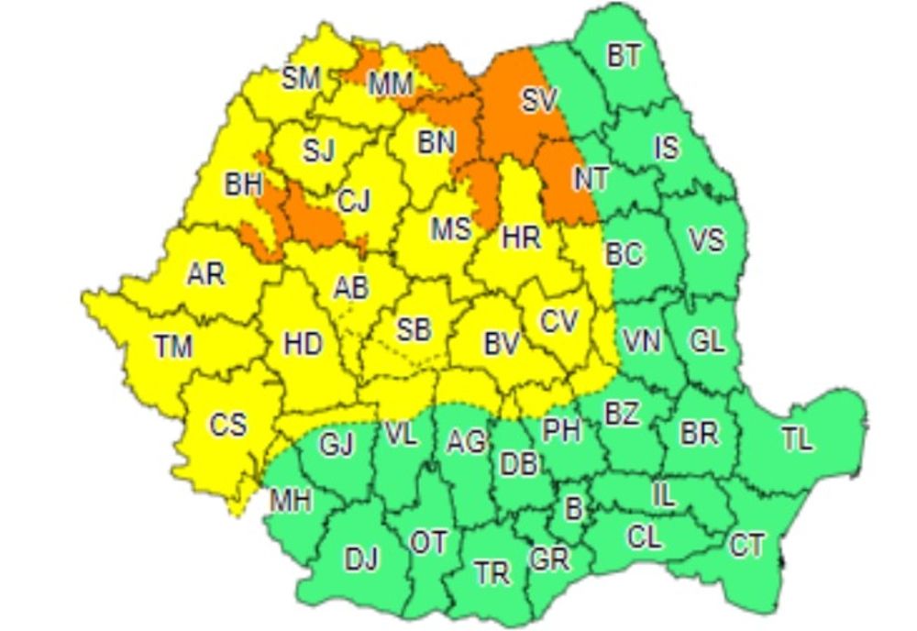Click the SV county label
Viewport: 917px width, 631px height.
click(539, 101)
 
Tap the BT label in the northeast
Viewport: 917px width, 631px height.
click(624, 56)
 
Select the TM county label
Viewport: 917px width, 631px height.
click(173, 346)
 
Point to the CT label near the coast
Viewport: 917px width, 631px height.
click(746, 546)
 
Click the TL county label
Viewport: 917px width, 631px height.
click(797, 439)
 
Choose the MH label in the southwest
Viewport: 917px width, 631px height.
click(290, 501)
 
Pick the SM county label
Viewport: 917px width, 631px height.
click(300, 79)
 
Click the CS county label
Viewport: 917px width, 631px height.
click(227, 425)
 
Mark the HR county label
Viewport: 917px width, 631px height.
click(521, 238)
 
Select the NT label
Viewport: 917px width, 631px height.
click(591, 179)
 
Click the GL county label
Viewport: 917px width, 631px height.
click(706, 341)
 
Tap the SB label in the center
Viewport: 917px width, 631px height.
click(414, 329)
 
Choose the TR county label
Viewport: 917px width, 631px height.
click(492, 574)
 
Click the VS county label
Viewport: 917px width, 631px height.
click(706, 240)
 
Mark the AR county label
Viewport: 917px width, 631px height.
click(205, 274)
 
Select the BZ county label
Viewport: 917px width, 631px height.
click(621, 414)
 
